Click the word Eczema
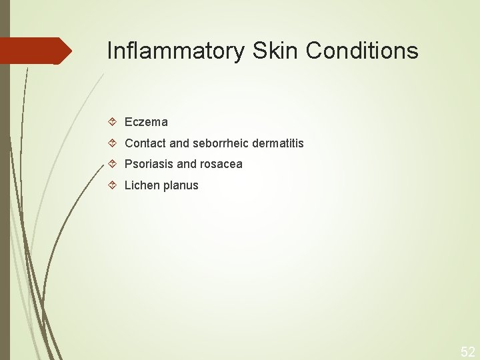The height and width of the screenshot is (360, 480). [146, 122]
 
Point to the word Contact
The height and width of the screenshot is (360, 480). [143, 143]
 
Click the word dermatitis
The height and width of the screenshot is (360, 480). [278, 143]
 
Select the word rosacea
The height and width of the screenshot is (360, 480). [221, 164]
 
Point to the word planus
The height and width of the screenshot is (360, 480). [181, 185]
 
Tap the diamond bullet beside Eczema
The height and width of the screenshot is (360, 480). [113, 122]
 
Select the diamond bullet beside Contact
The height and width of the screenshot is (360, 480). [113, 143]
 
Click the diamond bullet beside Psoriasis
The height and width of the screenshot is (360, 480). [113, 164]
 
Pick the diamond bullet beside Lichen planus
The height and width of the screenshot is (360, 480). [113, 185]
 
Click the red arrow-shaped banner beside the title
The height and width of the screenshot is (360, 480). [33, 51]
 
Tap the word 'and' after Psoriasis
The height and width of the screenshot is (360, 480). [187, 164]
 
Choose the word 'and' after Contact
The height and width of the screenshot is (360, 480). [179, 143]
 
